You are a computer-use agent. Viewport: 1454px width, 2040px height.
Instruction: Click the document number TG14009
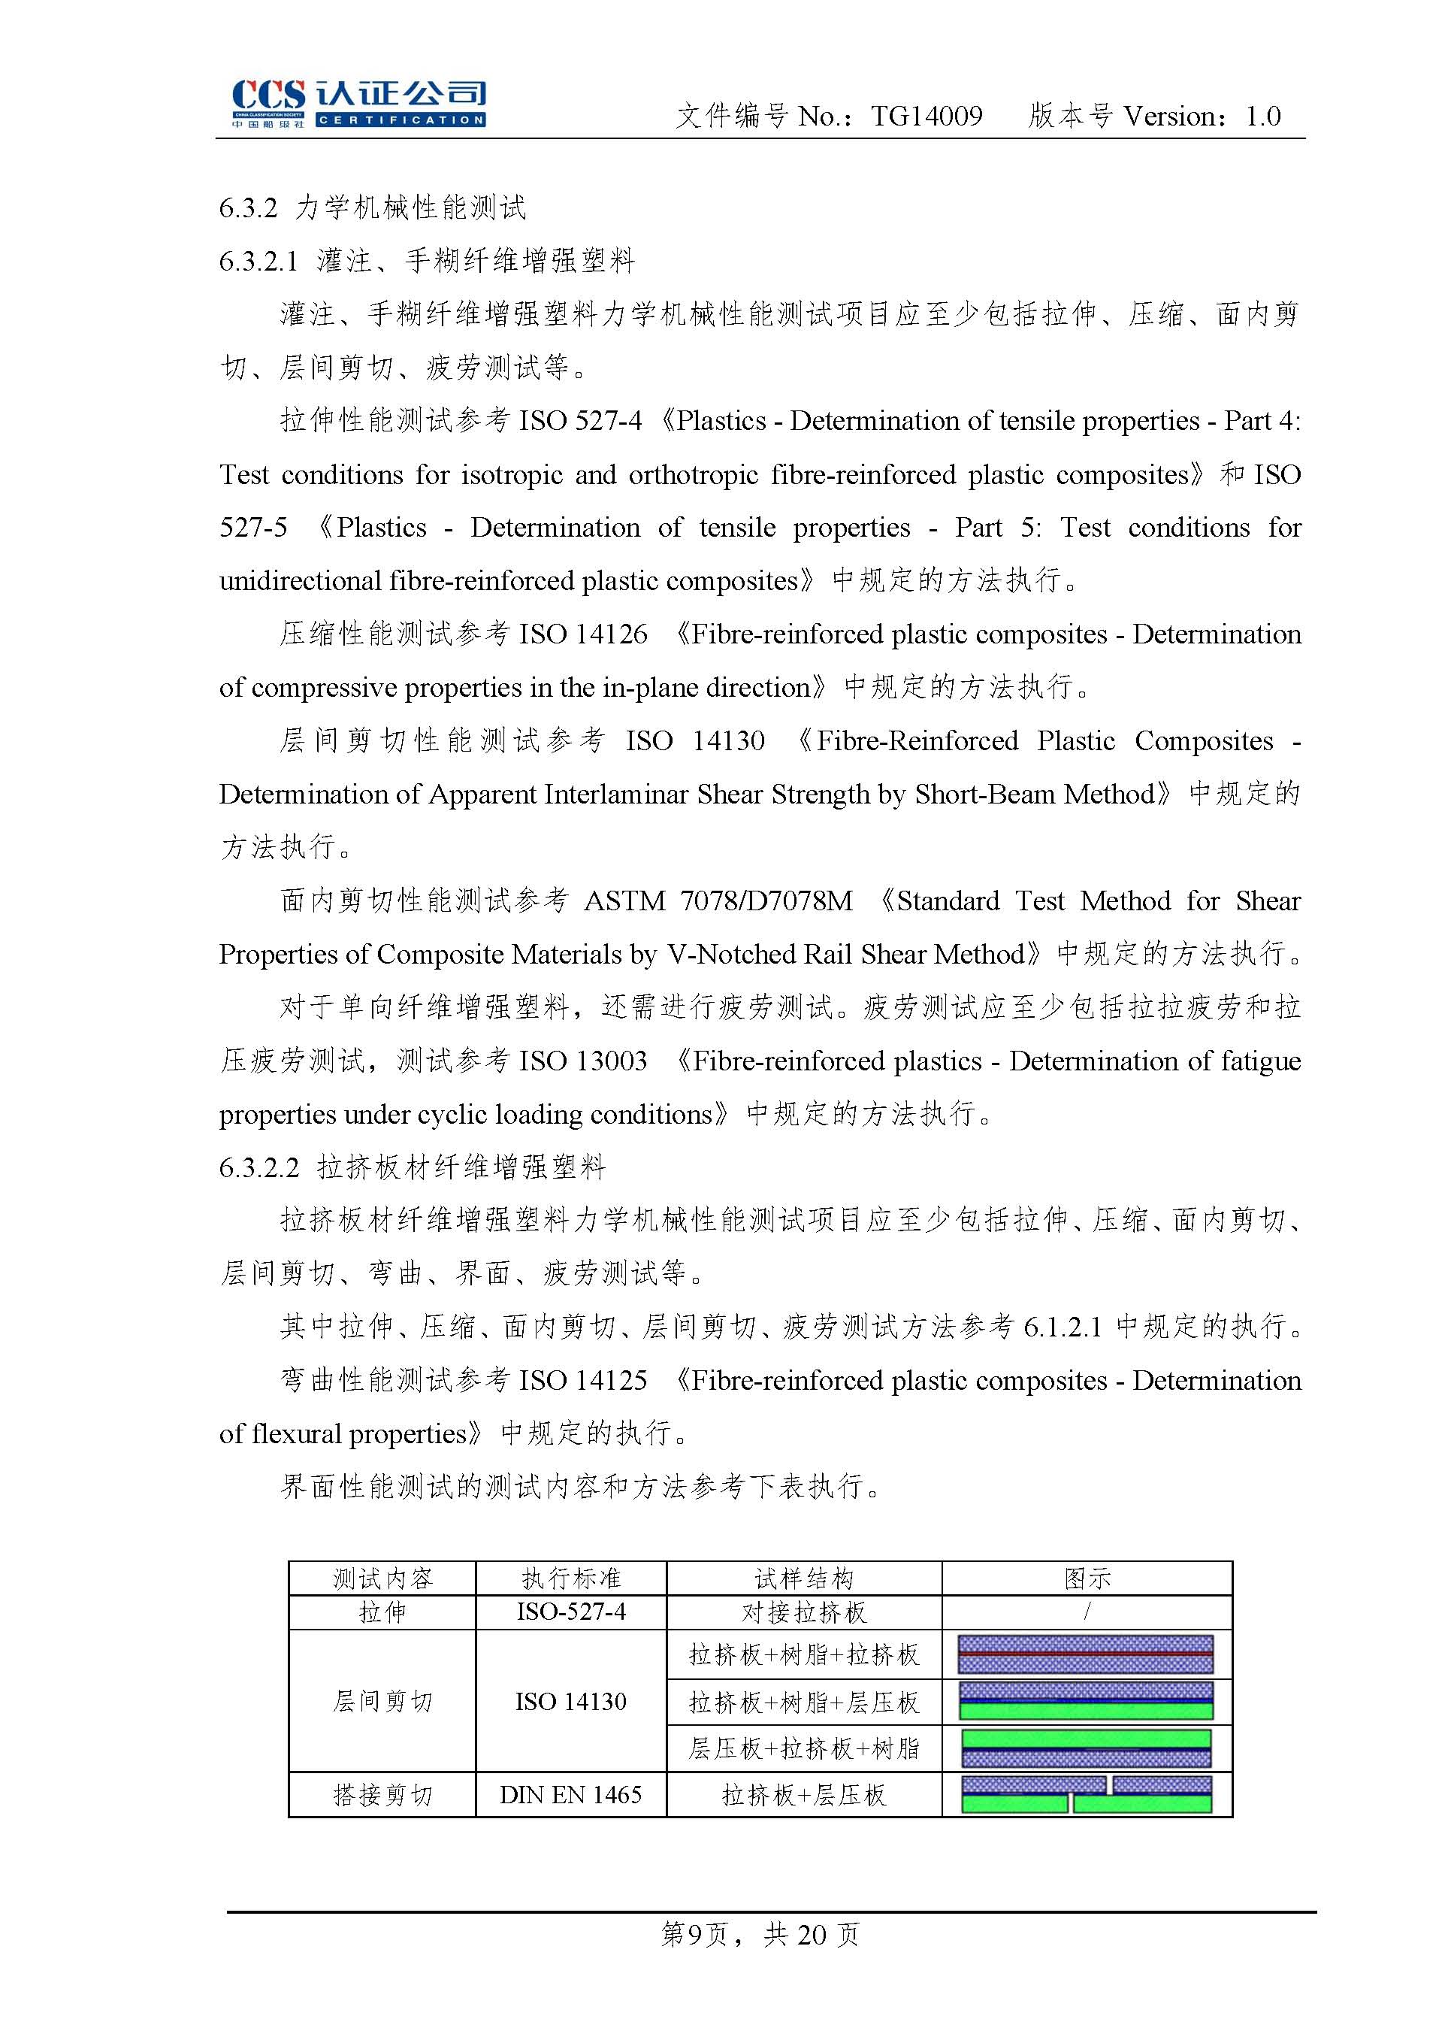[x=927, y=116]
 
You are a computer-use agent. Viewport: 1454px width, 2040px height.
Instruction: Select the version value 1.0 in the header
[x=1262, y=116]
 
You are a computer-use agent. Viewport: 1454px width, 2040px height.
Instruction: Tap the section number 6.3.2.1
[x=258, y=262]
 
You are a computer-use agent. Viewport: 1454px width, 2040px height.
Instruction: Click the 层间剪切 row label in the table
[x=382, y=1700]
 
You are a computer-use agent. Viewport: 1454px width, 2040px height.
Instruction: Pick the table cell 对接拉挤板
[x=804, y=1612]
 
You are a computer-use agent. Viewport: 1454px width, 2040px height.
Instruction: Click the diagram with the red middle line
[x=1085, y=1654]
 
